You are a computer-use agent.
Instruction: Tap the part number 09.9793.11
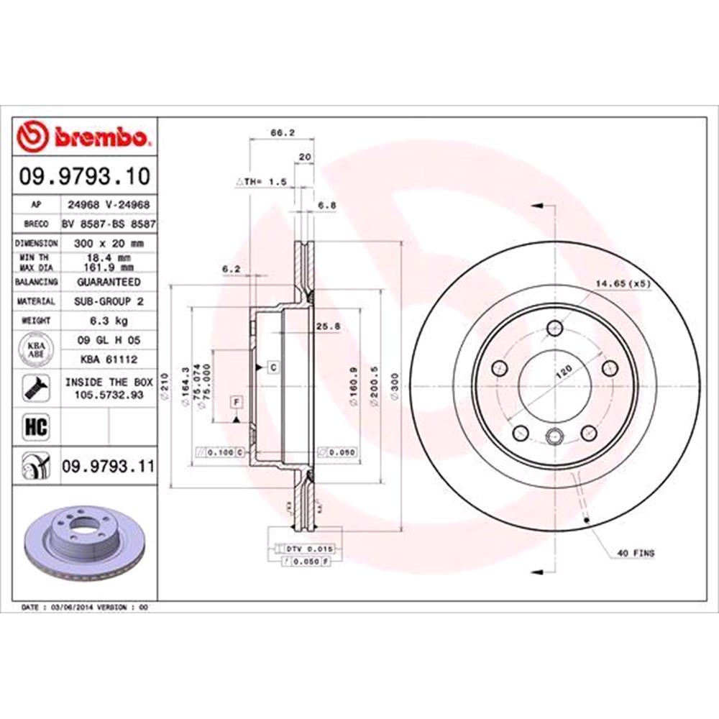[x=107, y=467]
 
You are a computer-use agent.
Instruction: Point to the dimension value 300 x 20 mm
[x=108, y=243]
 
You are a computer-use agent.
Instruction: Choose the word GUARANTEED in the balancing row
[x=108, y=282]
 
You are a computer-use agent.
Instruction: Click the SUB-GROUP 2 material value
[x=108, y=301]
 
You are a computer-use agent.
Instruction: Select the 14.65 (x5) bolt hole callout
[x=622, y=283]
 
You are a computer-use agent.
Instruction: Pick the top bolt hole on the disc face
[x=554, y=329]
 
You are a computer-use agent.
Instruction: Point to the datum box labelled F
[x=235, y=400]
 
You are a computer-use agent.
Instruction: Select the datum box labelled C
[x=273, y=367]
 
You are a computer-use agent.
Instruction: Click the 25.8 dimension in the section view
[x=328, y=326]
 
